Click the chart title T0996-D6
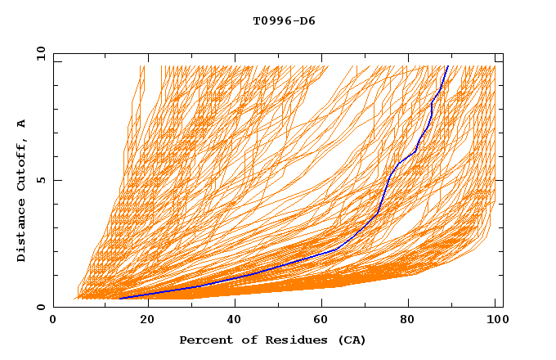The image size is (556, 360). (x=284, y=21)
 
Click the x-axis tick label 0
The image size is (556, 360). (x=53, y=320)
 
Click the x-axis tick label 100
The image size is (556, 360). (x=495, y=320)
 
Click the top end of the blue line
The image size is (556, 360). (x=447, y=66)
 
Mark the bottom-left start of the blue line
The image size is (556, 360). (x=119, y=299)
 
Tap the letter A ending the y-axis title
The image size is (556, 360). (x=21, y=124)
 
